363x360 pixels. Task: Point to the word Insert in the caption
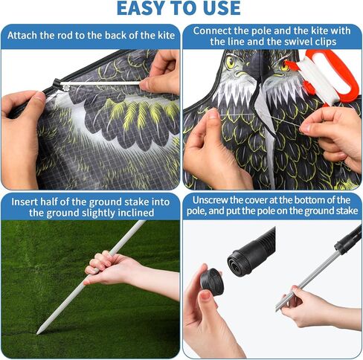click(x=25, y=202)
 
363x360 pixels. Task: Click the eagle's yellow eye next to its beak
click(x=230, y=62)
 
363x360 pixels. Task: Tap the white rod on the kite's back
click(x=100, y=83)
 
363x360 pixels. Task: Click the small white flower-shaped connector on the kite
click(x=66, y=88)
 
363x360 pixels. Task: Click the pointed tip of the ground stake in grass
click(x=38, y=332)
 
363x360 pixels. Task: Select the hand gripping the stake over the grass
click(x=117, y=269)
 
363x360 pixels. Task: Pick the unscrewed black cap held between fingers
click(x=211, y=282)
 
